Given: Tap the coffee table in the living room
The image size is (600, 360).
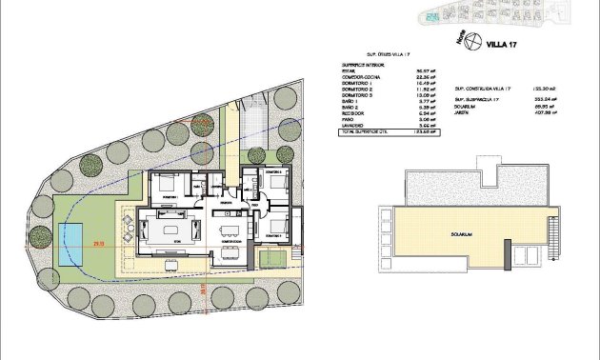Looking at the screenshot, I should [172, 230].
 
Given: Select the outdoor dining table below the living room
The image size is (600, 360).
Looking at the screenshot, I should [127, 226].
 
